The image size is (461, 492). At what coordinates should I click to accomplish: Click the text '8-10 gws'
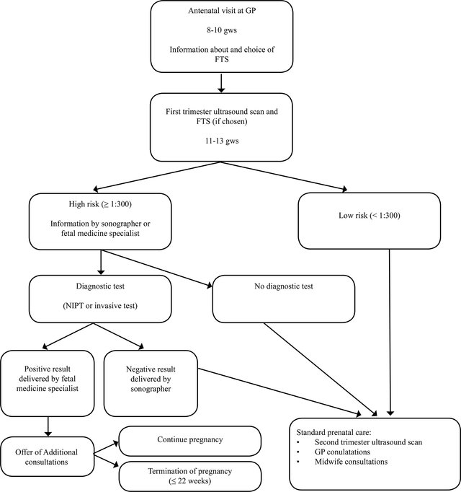click(222, 30)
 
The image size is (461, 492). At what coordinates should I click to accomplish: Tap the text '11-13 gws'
click(222, 141)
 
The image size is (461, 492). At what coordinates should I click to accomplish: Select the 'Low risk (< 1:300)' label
click(370, 216)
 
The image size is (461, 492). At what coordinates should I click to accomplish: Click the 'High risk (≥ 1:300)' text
click(100, 204)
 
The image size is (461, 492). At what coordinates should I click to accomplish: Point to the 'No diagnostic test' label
click(284, 286)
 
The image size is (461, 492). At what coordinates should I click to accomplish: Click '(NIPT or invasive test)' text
click(100, 306)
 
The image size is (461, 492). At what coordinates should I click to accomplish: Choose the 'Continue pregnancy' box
click(190, 441)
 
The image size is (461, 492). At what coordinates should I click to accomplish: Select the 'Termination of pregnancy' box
click(190, 476)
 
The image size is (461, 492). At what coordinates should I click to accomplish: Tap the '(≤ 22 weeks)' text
click(190, 480)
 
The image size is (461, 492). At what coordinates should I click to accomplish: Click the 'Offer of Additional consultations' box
click(48, 457)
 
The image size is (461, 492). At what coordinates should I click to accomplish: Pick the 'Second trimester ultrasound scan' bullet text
click(368, 442)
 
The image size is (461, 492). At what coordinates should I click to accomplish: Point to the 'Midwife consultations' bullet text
click(351, 462)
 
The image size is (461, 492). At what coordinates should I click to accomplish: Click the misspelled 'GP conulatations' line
click(342, 452)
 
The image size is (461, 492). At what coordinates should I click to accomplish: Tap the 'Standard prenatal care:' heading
click(334, 432)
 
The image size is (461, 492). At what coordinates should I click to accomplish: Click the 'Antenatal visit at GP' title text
click(222, 11)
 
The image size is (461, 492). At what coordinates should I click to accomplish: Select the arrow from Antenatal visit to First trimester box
click(221, 83)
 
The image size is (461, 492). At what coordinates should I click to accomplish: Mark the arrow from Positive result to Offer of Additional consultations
click(48, 426)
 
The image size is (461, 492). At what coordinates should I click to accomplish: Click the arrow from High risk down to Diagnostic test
click(101, 263)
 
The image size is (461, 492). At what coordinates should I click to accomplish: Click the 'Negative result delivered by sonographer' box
click(151, 384)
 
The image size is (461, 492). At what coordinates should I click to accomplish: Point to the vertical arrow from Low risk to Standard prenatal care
click(390, 333)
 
